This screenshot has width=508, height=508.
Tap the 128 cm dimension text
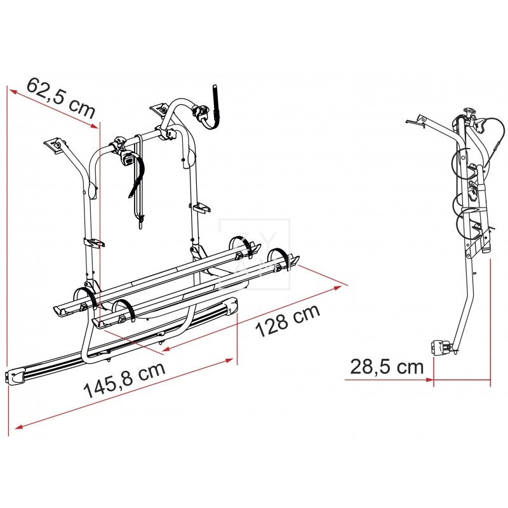pos(288,321)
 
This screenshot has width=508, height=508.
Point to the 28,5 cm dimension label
pos(387,367)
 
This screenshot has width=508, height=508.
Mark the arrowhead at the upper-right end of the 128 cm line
pos(338,288)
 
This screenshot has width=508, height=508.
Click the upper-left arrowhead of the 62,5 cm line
pos(13,91)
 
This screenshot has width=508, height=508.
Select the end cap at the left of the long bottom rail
pos(15,377)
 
